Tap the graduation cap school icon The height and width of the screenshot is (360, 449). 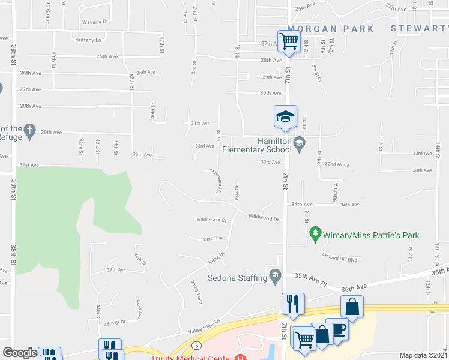286,116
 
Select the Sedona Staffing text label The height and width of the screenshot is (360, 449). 237,278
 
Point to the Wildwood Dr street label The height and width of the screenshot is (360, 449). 264,219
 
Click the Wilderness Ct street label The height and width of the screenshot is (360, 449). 211,220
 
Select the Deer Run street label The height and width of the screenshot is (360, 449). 212,238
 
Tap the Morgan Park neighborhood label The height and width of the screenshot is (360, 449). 330,29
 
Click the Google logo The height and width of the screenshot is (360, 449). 20,353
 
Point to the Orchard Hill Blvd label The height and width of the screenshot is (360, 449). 339,259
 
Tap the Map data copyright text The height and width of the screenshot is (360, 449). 423,355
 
